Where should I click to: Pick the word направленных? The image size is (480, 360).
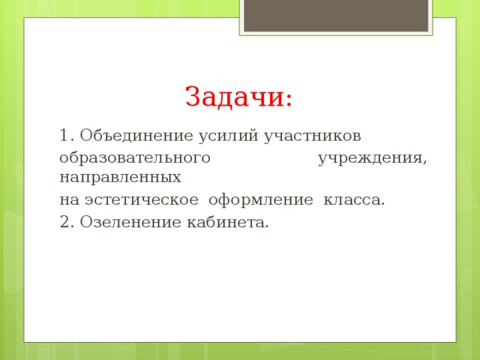pos(120,178)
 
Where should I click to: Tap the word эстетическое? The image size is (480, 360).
pos(142,200)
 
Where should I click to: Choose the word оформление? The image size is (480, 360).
pos(260,200)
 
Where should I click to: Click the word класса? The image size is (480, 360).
pos(351,200)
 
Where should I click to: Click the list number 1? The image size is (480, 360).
pos(64,136)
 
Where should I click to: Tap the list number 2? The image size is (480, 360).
pos(64,222)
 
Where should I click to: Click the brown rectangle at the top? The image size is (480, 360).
pos(335,15)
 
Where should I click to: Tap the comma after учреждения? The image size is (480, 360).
pos(425,163)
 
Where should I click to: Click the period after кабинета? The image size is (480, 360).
pos(267,226)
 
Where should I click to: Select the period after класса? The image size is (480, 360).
pos(383,204)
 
